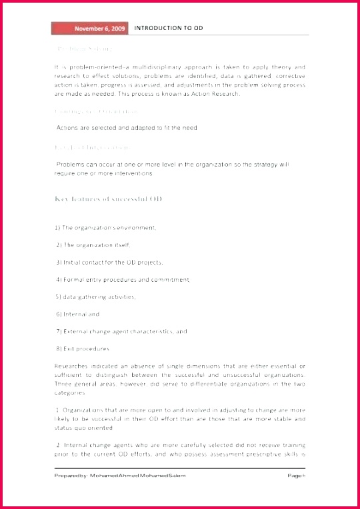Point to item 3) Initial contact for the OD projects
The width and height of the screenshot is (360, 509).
tap(109, 262)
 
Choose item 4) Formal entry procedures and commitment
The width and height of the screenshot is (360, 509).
tap(123, 280)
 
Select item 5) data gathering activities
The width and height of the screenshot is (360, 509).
tap(95, 297)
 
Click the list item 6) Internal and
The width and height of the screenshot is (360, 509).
tap(78, 314)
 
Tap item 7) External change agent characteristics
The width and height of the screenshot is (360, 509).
tap(121, 331)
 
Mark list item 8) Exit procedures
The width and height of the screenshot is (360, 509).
tap(83, 348)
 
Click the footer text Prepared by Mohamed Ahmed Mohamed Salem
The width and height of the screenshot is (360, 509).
tap(120, 476)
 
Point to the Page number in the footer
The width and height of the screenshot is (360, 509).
tap(296, 476)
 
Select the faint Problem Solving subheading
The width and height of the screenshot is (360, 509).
tap(83, 49)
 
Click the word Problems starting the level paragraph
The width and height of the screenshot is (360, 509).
tap(71, 164)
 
